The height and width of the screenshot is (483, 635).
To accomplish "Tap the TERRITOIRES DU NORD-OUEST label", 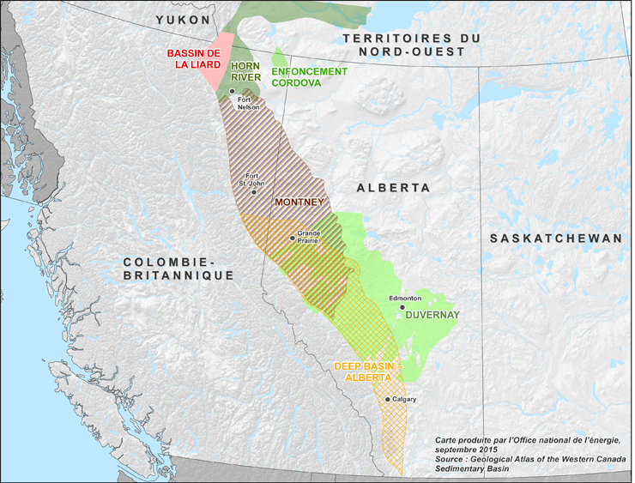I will [413, 45].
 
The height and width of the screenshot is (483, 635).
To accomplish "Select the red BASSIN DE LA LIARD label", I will [194, 59].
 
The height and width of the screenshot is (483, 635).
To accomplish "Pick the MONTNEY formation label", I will [298, 202].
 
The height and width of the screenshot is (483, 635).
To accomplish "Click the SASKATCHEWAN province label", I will [554, 238].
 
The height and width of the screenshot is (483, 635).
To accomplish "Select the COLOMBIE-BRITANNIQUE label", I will [178, 268].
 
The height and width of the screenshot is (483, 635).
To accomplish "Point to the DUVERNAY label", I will [432, 315].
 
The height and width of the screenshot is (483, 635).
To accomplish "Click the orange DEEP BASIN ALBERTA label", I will [365, 371].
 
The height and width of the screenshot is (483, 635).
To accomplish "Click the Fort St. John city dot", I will [253, 192].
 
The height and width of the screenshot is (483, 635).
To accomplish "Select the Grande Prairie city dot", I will [293, 238].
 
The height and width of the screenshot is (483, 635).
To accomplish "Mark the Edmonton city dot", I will [402, 307].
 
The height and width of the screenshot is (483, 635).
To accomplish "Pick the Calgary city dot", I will [388, 400].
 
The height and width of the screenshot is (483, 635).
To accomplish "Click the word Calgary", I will [405, 400].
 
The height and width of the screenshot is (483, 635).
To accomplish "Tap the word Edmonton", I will [405, 298].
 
